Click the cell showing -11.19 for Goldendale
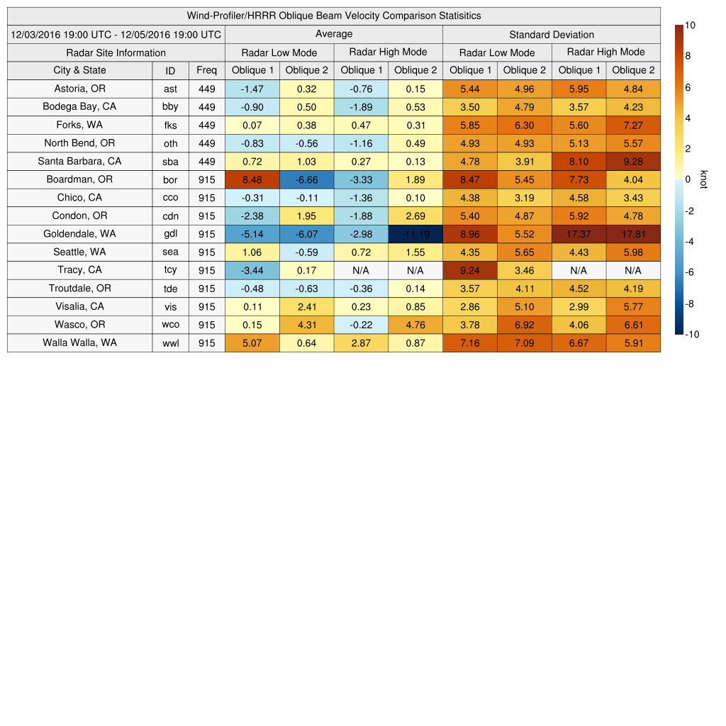tap(415, 234)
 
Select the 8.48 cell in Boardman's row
tap(252, 179)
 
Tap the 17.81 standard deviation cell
tap(633, 234)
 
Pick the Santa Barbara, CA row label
tap(79, 161)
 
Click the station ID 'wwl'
tap(170, 343)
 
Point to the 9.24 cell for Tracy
tap(470, 270)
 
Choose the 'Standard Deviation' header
tap(552, 34)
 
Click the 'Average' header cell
tap(334, 34)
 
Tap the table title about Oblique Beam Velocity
tap(334, 16)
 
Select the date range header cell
tap(116, 34)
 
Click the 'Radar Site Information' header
tap(116, 52)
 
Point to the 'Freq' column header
tap(207, 70)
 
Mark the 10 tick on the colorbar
tap(690, 25)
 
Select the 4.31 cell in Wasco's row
tap(307, 325)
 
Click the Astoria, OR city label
tap(79, 89)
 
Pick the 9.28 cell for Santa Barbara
tap(633, 161)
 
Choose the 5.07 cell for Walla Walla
tap(252, 343)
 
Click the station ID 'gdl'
tap(170, 234)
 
